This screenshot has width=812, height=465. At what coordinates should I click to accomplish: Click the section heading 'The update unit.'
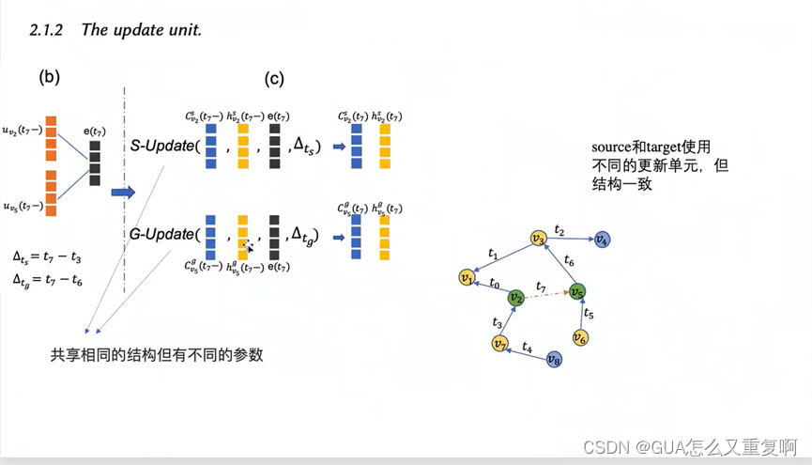point(141,29)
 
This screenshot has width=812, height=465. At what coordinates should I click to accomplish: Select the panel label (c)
point(274,79)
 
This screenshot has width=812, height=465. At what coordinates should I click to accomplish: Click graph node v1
point(466,277)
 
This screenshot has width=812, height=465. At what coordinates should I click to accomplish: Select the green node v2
point(515,299)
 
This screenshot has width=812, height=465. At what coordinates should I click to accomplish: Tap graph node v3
point(538,239)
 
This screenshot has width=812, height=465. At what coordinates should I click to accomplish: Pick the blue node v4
point(602,240)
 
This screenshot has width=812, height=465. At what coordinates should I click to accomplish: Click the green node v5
point(577,292)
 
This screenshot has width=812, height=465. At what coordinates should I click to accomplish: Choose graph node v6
point(580,337)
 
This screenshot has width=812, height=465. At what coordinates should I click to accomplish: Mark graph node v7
point(500,343)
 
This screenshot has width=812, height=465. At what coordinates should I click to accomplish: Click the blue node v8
point(553,360)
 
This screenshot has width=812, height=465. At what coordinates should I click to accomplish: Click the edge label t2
point(559,229)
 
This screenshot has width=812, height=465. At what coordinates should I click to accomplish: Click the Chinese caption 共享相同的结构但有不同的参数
point(157,355)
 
